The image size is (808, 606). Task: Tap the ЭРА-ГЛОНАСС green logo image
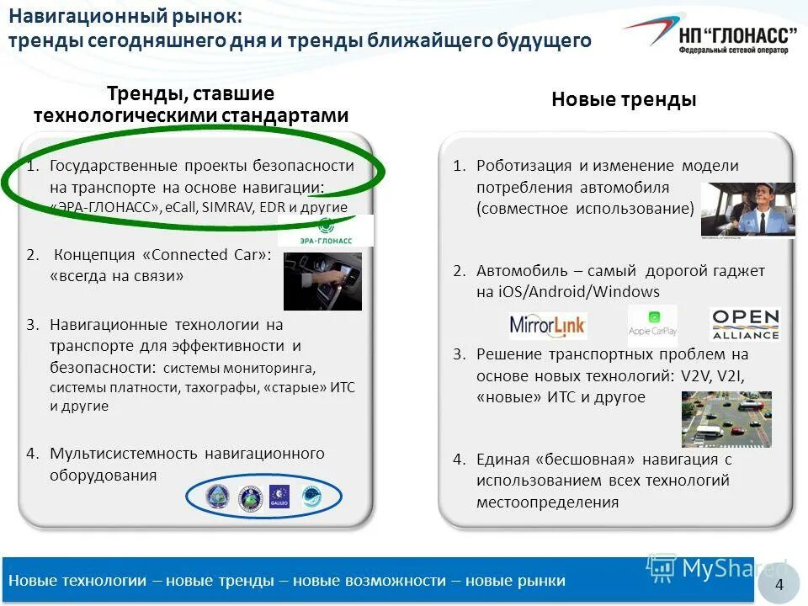point(337,231)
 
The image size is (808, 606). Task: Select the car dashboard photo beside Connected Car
point(322,281)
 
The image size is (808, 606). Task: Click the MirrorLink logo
point(548,325)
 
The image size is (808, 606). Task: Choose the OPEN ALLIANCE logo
point(745,325)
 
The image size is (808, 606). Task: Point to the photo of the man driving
point(747,210)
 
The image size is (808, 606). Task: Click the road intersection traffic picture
point(726,419)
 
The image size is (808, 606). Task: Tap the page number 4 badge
point(779,585)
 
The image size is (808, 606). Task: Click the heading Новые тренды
point(624,100)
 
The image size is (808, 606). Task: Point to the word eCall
point(181,207)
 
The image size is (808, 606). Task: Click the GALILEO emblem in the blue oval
point(279,497)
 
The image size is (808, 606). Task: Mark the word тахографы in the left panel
point(223,388)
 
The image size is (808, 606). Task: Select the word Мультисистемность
point(125,454)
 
